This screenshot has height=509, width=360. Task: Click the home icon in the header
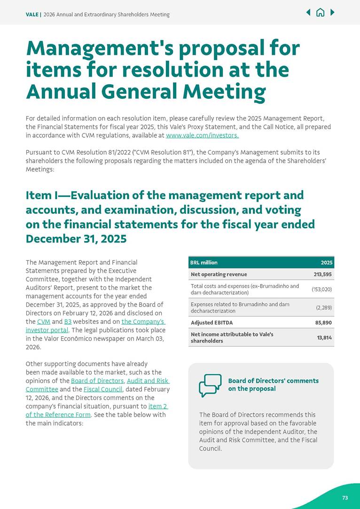point(320,13)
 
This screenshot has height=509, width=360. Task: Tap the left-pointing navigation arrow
point(308,13)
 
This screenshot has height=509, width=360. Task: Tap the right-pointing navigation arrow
point(332,13)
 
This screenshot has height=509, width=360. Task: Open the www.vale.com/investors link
point(202,135)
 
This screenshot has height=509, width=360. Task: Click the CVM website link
point(44,321)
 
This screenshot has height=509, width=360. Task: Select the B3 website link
point(68,321)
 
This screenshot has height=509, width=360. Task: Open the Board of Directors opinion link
point(97,381)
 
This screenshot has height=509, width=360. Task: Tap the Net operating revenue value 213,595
point(323,274)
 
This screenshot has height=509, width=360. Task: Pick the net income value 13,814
point(325,337)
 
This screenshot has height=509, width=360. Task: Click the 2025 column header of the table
point(327,262)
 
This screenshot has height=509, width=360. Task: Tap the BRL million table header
point(204,262)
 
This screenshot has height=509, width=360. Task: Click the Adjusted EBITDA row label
point(211,323)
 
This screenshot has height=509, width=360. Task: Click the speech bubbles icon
point(210,385)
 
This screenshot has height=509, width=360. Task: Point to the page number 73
point(345,498)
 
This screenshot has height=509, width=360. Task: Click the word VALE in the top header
point(32,15)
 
